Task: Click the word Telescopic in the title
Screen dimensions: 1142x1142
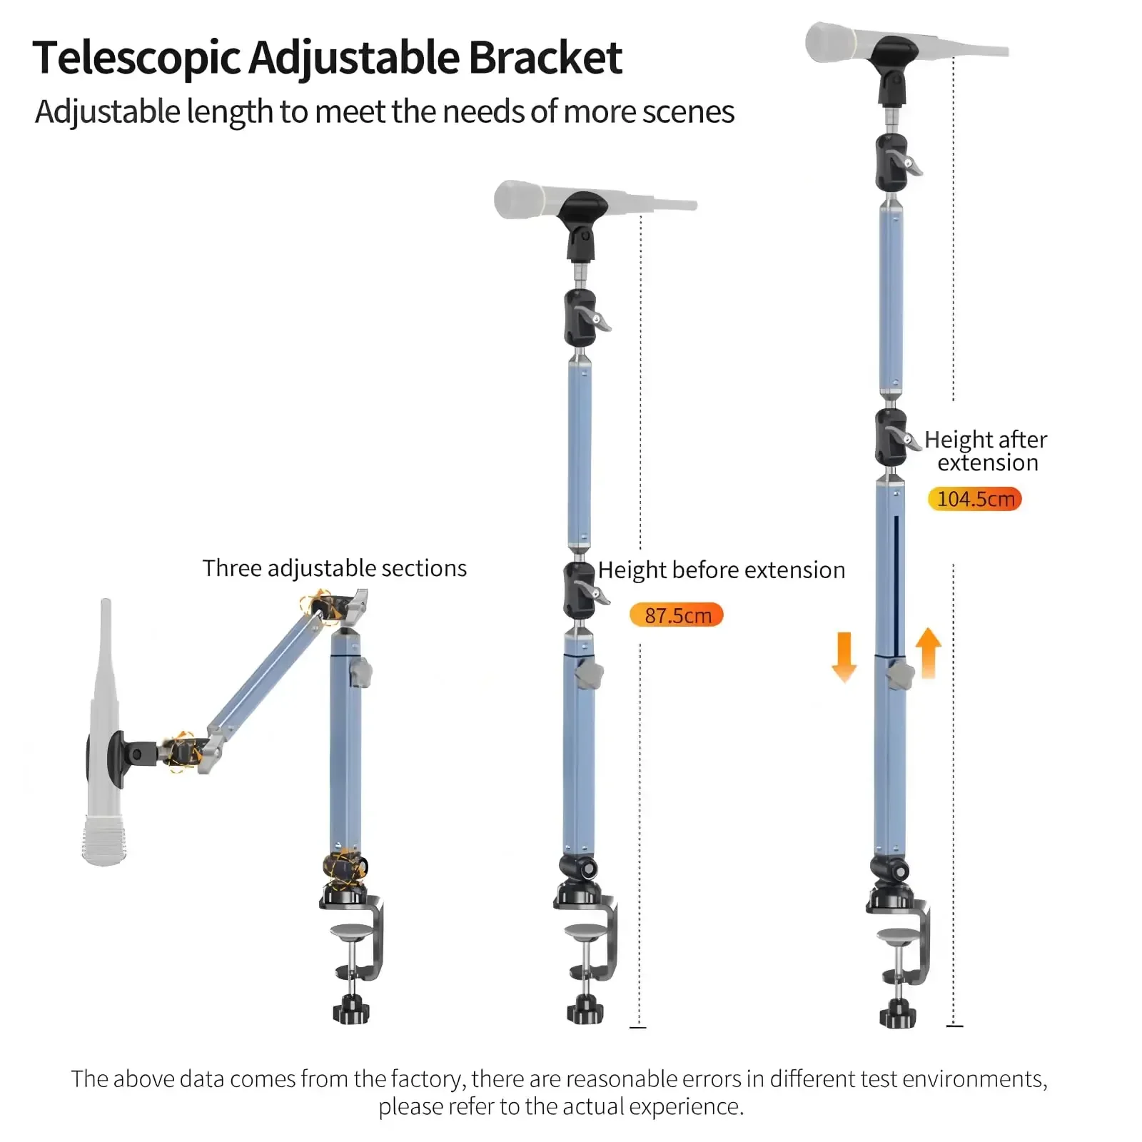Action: click(x=136, y=59)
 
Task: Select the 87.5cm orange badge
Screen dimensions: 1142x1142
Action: click(x=677, y=615)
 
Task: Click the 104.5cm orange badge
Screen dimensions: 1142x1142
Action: click(x=975, y=499)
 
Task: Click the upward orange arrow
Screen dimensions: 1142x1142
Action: click(x=928, y=652)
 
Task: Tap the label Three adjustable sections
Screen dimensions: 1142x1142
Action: click(x=334, y=568)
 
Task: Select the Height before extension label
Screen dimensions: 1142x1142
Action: click(x=721, y=570)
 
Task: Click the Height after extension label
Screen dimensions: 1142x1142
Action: click(x=986, y=451)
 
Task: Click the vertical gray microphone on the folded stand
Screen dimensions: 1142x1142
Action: click(x=104, y=735)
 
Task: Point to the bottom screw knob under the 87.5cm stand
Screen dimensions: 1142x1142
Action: click(x=585, y=1009)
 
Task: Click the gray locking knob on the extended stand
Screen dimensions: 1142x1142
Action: click(x=901, y=674)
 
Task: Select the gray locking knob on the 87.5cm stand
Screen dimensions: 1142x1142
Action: click(x=590, y=674)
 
